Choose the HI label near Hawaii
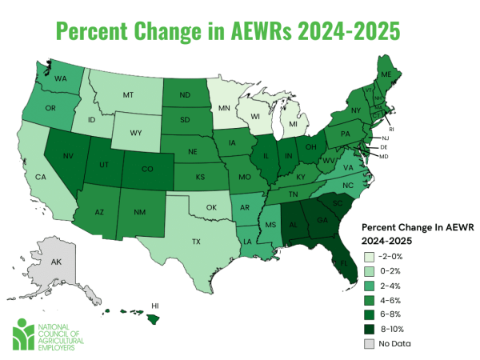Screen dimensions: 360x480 point(156,306)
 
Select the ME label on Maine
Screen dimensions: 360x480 point(410,74)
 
